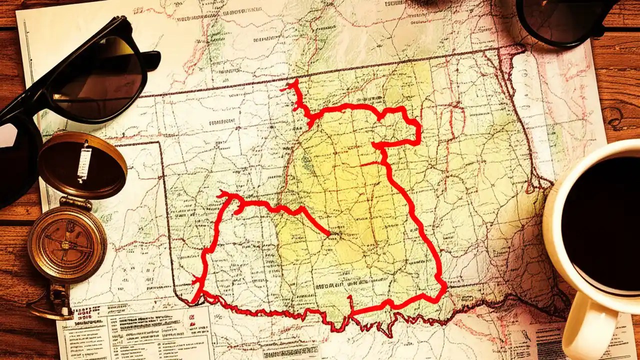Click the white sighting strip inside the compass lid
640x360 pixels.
[x=84, y=161]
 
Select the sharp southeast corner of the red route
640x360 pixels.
[x=444, y=286]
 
